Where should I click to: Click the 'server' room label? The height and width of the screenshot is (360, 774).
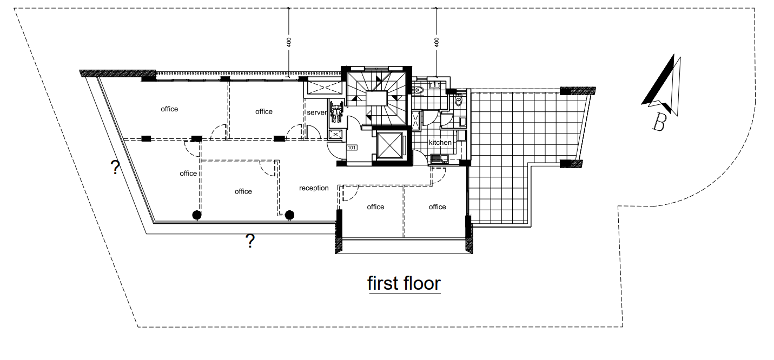(x=316, y=112)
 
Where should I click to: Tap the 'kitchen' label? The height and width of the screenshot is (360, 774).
(x=440, y=142)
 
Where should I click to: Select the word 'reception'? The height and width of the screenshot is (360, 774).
(x=314, y=188)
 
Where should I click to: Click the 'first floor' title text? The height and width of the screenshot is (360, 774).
(x=404, y=283)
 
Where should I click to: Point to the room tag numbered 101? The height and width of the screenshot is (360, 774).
(x=352, y=148)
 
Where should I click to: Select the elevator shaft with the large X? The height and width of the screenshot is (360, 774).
(x=390, y=145)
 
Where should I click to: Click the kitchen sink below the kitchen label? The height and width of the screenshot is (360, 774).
(x=439, y=158)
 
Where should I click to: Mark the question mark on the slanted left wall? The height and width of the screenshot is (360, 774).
(x=115, y=168)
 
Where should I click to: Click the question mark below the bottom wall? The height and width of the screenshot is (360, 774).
(x=250, y=241)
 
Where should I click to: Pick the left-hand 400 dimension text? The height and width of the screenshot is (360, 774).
(x=289, y=42)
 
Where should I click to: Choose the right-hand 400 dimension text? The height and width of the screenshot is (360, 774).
(x=436, y=42)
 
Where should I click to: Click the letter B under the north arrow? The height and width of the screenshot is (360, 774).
(x=659, y=123)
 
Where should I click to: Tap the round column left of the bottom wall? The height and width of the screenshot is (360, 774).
(x=196, y=215)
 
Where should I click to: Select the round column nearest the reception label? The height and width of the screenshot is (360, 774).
(x=289, y=215)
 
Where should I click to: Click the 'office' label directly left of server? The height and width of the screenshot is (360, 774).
(x=263, y=111)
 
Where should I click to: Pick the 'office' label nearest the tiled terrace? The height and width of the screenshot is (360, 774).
(x=437, y=206)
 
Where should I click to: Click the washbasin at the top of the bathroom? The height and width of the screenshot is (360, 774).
(x=434, y=85)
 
